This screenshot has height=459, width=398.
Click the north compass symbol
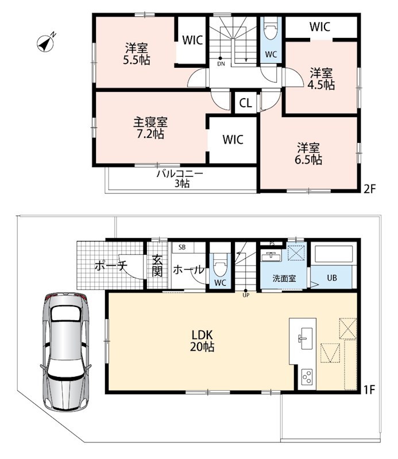pos(45,44)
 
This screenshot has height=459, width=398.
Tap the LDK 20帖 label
pos(202,341)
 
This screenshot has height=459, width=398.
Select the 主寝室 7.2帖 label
pos(150,128)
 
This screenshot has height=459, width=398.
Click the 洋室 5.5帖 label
pos(137,53)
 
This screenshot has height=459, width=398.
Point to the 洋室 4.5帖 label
pos(321,79)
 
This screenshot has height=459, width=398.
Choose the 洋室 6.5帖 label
pos(308,154)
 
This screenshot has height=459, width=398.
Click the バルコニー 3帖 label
pos(180,178)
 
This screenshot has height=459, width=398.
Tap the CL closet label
pos(245,103)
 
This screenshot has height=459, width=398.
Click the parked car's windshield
pos(65,314)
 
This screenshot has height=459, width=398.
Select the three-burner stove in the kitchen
pos(307,377)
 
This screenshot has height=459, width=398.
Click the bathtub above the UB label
pos(333,254)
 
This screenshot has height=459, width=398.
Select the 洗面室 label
pos(284,278)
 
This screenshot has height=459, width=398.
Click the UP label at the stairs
pos(246,295)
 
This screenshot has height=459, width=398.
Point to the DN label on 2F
pos(221,64)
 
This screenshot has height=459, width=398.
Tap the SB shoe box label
pos(182,247)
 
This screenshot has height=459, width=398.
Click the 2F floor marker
pos(369,189)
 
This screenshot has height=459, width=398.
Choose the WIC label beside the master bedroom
pos(233,139)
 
